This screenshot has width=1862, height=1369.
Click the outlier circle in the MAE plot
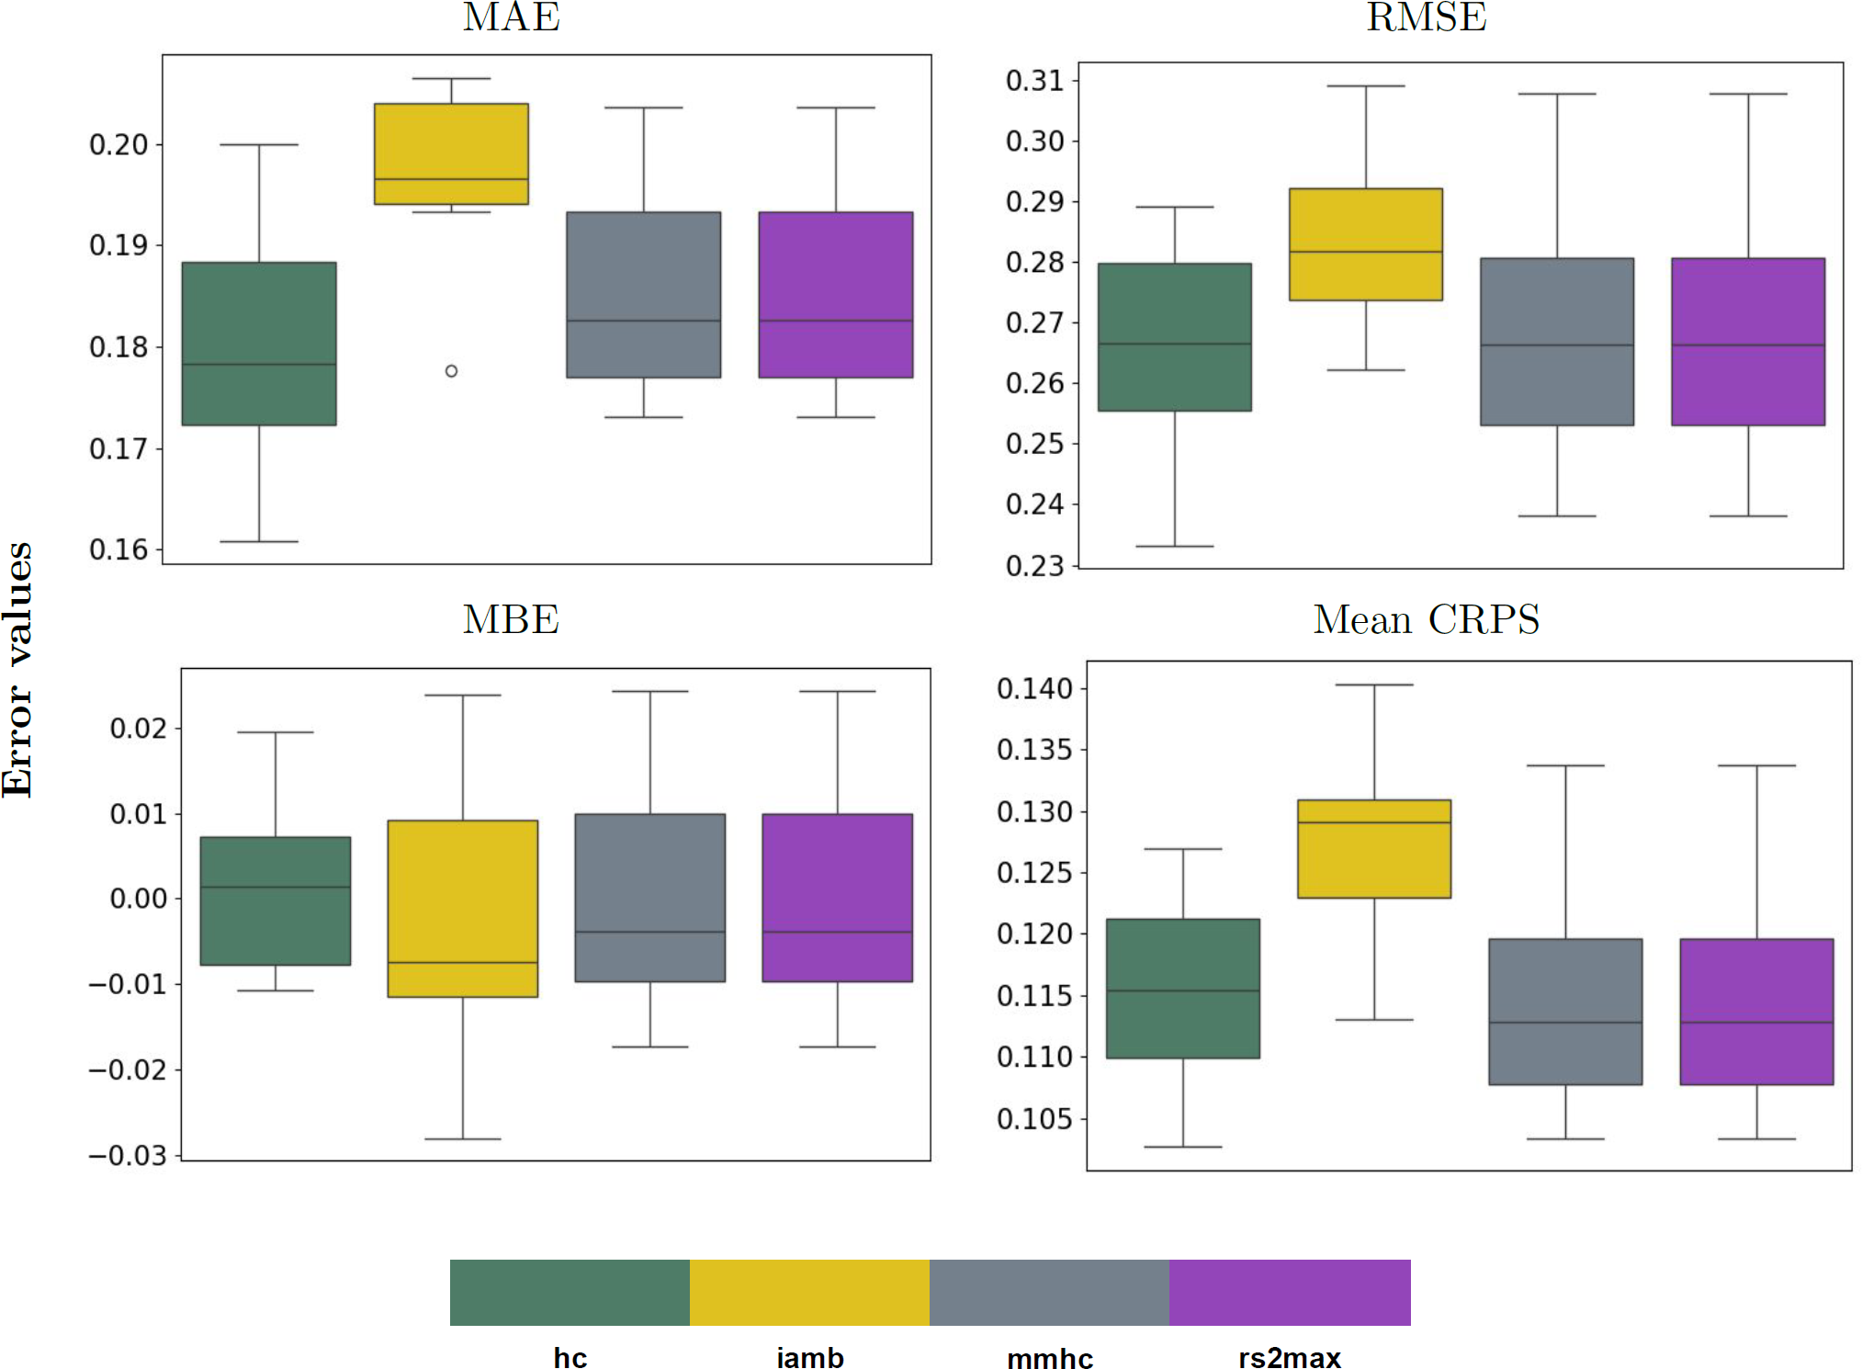pos(451,371)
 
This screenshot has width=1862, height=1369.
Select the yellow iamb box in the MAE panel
pos(451,153)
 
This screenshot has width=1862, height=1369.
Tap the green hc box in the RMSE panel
pos(1174,337)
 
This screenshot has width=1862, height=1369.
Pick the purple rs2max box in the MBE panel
pos(837,898)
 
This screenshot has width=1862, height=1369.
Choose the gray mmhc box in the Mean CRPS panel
pos(1565,1012)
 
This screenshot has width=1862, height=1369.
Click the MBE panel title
pos(511,620)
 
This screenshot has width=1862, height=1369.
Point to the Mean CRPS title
pos(1426,620)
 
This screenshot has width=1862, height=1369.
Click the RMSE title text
pos(1426,17)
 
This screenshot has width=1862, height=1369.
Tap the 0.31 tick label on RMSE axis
pos(1034,81)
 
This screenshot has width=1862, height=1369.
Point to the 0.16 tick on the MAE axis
pos(118,549)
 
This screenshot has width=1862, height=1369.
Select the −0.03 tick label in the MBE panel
pos(128,1155)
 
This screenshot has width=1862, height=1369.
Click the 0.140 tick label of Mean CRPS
pos(1034,688)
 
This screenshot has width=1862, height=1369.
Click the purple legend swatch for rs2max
pos(1290,1292)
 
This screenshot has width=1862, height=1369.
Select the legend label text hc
pos(570,1358)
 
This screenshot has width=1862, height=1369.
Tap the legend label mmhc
pos(1050,1358)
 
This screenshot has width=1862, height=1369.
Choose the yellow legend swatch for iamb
pos(809,1292)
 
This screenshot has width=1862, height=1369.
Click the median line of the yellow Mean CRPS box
pos(1374,822)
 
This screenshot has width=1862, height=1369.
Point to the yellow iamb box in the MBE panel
pos(462,908)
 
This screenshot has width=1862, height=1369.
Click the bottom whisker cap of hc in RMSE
pos(1174,547)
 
